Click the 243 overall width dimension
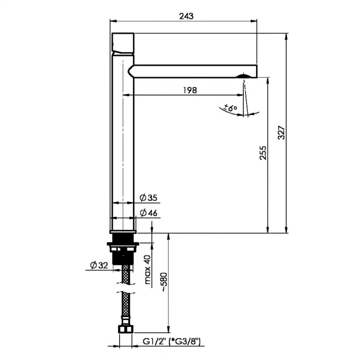[186, 16]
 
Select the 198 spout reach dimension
[190, 90]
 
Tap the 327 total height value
[282, 132]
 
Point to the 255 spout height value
[263, 153]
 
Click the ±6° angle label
[230, 108]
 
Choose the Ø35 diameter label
[148, 198]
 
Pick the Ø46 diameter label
[148, 213]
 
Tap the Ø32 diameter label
[99, 265]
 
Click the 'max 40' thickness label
[147, 270]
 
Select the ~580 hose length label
[164, 282]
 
